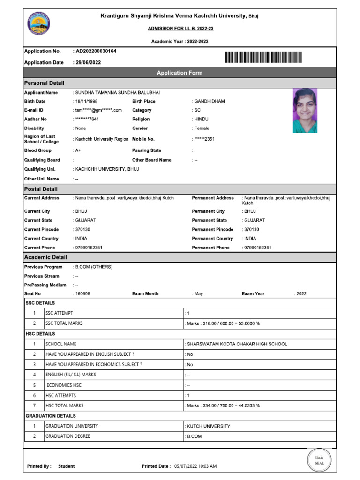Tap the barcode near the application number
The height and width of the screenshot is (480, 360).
(x=263, y=57)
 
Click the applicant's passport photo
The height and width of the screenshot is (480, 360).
(x=305, y=111)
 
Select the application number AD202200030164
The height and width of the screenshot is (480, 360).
(x=96, y=51)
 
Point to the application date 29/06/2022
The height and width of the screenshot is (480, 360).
(x=88, y=62)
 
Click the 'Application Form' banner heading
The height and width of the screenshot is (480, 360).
(x=180, y=73)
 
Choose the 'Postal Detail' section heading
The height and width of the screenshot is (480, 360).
(x=41, y=189)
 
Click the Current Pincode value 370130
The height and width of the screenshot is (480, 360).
(x=82, y=229)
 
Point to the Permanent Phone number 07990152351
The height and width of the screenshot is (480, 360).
(x=257, y=247)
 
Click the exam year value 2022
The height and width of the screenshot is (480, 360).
(x=301, y=293)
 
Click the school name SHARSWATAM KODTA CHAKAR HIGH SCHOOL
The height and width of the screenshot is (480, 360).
(x=237, y=344)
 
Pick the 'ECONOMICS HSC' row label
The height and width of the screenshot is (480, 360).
(x=64, y=385)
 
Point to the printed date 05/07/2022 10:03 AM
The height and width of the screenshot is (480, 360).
(x=195, y=466)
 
